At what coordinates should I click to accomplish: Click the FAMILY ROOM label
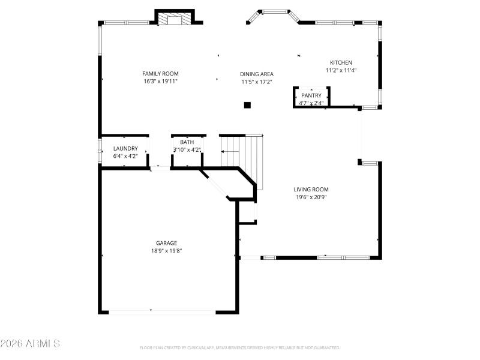(x=160, y=74)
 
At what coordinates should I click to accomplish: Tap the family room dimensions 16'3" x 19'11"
(x=160, y=81)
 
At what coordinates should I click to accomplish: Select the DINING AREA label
(x=257, y=74)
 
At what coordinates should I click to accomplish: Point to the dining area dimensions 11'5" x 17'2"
(x=257, y=82)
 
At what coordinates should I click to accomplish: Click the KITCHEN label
(x=341, y=62)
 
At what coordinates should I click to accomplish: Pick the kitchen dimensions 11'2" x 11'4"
(x=341, y=70)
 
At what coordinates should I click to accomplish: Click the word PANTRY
(x=311, y=95)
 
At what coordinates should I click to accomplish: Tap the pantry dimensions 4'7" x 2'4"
(x=311, y=103)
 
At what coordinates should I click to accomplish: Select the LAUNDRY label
(x=125, y=148)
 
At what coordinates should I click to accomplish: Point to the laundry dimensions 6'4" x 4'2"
(x=125, y=156)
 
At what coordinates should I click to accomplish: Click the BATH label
(x=187, y=142)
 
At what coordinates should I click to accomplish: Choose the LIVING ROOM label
(x=311, y=189)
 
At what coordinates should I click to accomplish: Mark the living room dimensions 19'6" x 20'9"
(x=311, y=197)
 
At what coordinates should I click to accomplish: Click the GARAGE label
(x=166, y=243)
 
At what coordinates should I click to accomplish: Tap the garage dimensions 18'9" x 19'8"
(x=166, y=251)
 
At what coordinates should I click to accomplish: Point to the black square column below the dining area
(x=247, y=105)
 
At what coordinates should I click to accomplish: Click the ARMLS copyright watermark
(x=30, y=344)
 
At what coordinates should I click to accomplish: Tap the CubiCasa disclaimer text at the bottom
(x=240, y=347)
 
